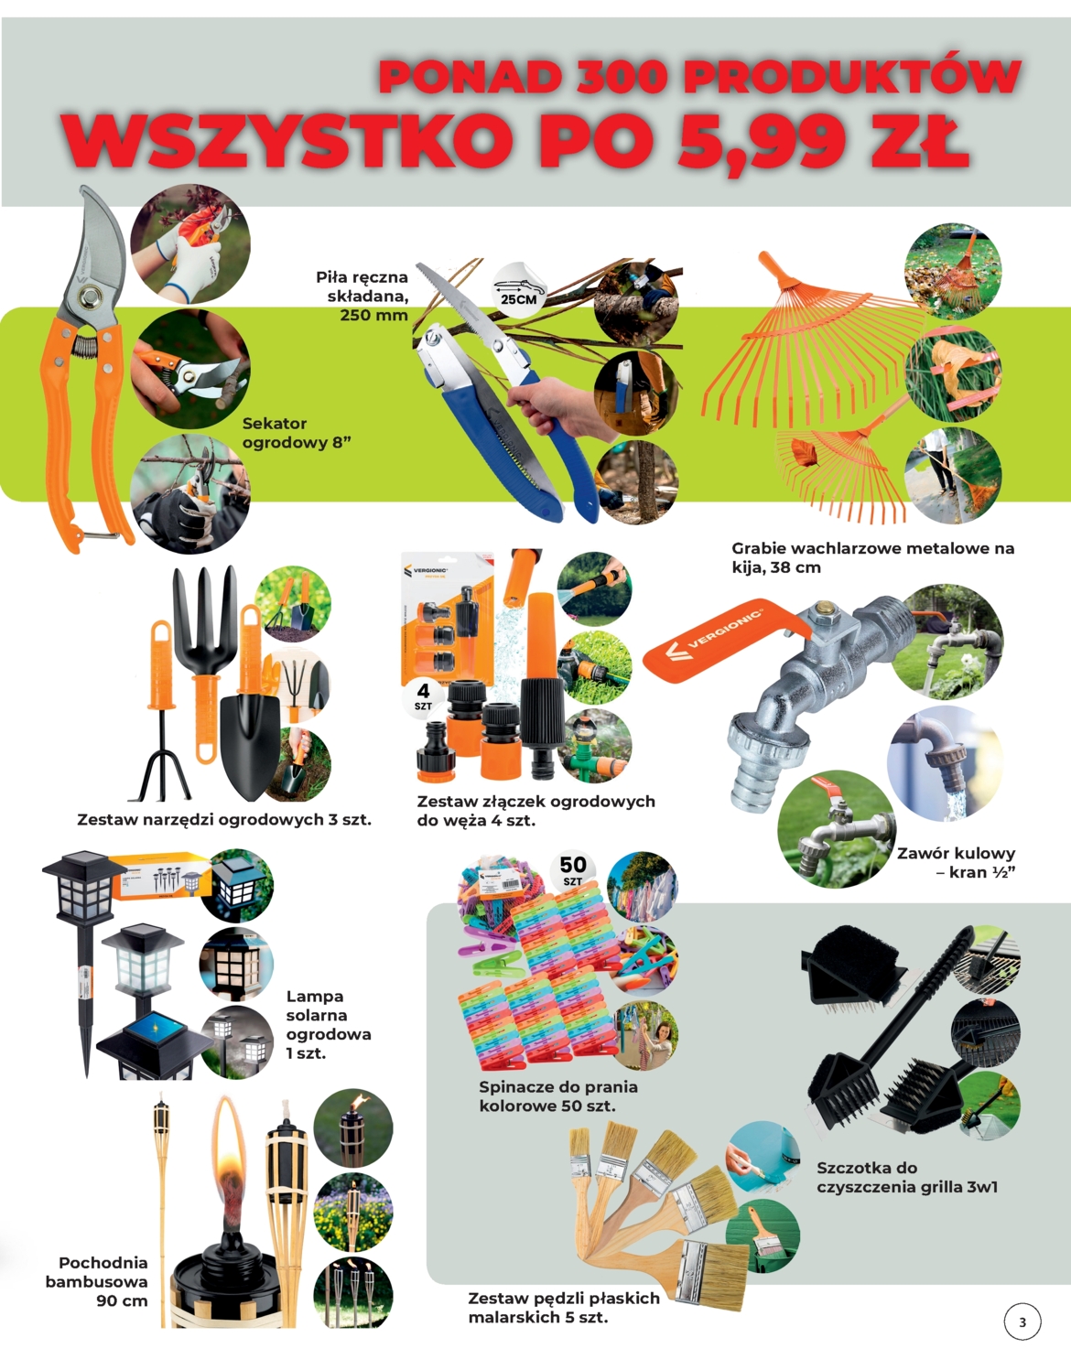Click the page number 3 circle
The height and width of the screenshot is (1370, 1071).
click(1022, 1322)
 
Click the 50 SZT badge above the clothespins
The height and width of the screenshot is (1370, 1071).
click(572, 870)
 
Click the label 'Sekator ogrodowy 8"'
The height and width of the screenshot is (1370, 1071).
click(297, 433)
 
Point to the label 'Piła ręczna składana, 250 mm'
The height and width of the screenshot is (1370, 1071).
click(362, 296)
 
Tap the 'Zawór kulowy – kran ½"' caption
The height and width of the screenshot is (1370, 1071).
click(957, 862)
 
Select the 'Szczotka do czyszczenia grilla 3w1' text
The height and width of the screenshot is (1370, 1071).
click(907, 1177)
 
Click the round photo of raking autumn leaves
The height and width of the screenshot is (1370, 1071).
click(953, 271)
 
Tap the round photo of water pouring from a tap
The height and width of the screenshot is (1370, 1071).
click(944, 764)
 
